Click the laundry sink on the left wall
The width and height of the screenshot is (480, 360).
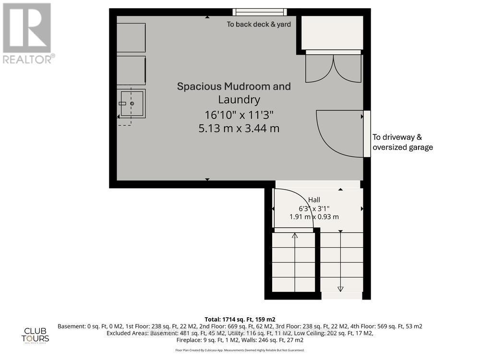click(132, 103)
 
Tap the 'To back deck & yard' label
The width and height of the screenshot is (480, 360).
click(259, 24)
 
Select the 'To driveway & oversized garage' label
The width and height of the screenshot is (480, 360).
click(403, 142)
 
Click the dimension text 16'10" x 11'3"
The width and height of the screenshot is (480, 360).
click(234, 115)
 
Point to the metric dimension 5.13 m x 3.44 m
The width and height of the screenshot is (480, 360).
click(234, 128)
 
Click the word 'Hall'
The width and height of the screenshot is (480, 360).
click(314, 200)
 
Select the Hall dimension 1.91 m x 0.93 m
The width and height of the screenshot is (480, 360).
click(314, 216)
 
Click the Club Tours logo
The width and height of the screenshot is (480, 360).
click(36, 335)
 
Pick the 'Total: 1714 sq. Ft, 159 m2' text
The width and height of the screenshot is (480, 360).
click(240, 319)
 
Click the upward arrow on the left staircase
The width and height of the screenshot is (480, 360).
click(294, 235)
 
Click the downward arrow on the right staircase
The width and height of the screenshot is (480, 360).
click(341, 288)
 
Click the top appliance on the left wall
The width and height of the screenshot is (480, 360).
click(131, 37)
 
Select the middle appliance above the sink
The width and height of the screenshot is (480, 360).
click(131, 71)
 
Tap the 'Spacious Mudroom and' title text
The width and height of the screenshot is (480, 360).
click(234, 86)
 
